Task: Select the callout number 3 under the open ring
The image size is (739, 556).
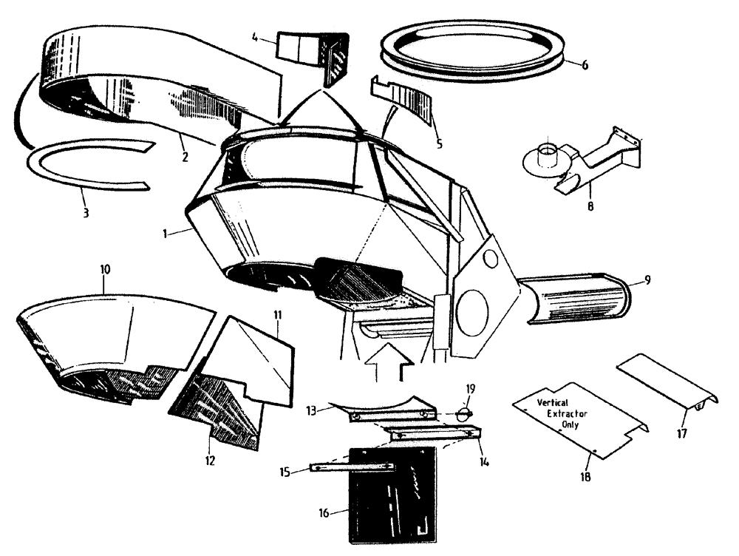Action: click(86, 213)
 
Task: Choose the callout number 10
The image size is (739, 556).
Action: click(105, 271)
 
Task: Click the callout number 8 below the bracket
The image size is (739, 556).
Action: click(590, 208)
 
